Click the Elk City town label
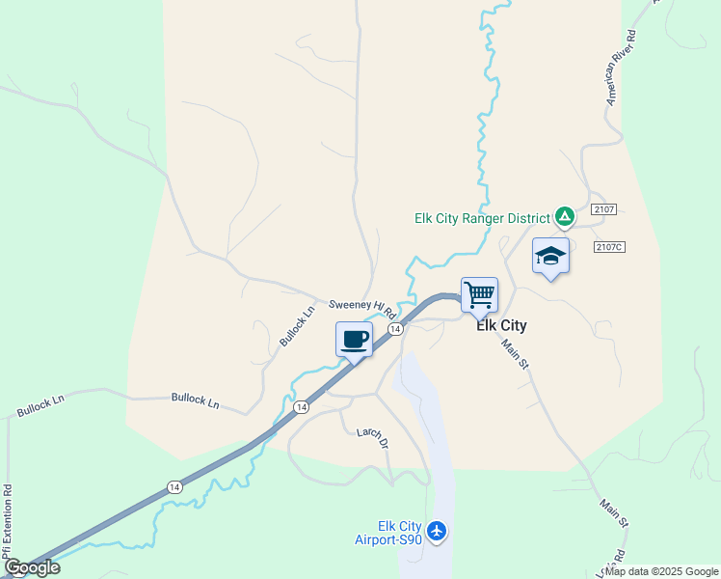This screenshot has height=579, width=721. click(x=501, y=326)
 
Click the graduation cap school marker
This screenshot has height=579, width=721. click(x=550, y=257)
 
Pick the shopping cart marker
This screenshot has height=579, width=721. click(x=479, y=294)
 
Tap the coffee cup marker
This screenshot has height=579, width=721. click(x=354, y=340)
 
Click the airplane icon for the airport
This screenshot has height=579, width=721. click(x=437, y=530)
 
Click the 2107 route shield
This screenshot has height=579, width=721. click(x=604, y=209)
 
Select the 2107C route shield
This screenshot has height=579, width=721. click(x=609, y=247)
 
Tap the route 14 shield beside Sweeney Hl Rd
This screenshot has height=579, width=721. click(x=394, y=330)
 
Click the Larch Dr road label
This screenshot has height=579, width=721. click(x=371, y=438)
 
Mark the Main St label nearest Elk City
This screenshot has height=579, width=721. click(x=516, y=352)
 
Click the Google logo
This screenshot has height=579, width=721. click(x=32, y=567)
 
